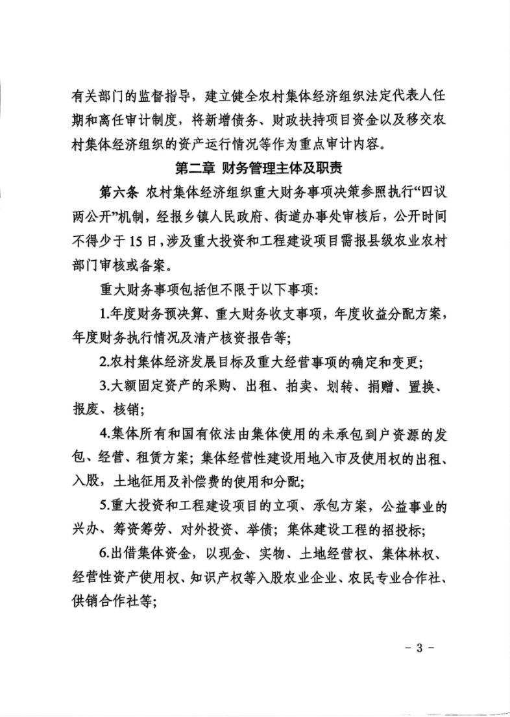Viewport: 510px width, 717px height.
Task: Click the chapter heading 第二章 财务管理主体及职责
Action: [x=254, y=169]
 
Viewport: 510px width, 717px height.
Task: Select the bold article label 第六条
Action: [x=118, y=193]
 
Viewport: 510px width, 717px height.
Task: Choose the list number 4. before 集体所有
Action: [x=106, y=434]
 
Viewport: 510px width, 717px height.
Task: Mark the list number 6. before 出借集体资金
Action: [x=106, y=555]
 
